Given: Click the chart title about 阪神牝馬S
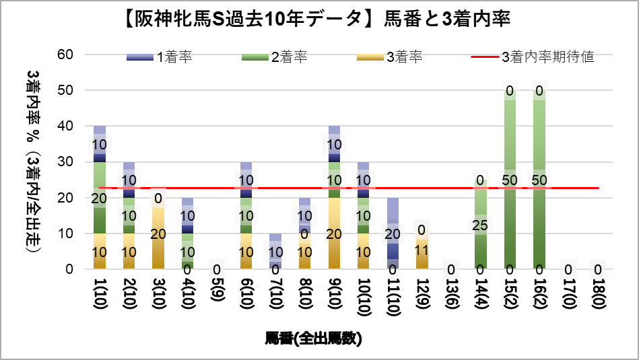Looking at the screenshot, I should pyautogui.click(x=318, y=20).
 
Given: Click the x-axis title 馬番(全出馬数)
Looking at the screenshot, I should pyautogui.click(x=314, y=338).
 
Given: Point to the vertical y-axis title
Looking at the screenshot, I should pyautogui.click(x=32, y=161).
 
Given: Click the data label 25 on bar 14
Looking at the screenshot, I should pyautogui.click(x=480, y=225).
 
